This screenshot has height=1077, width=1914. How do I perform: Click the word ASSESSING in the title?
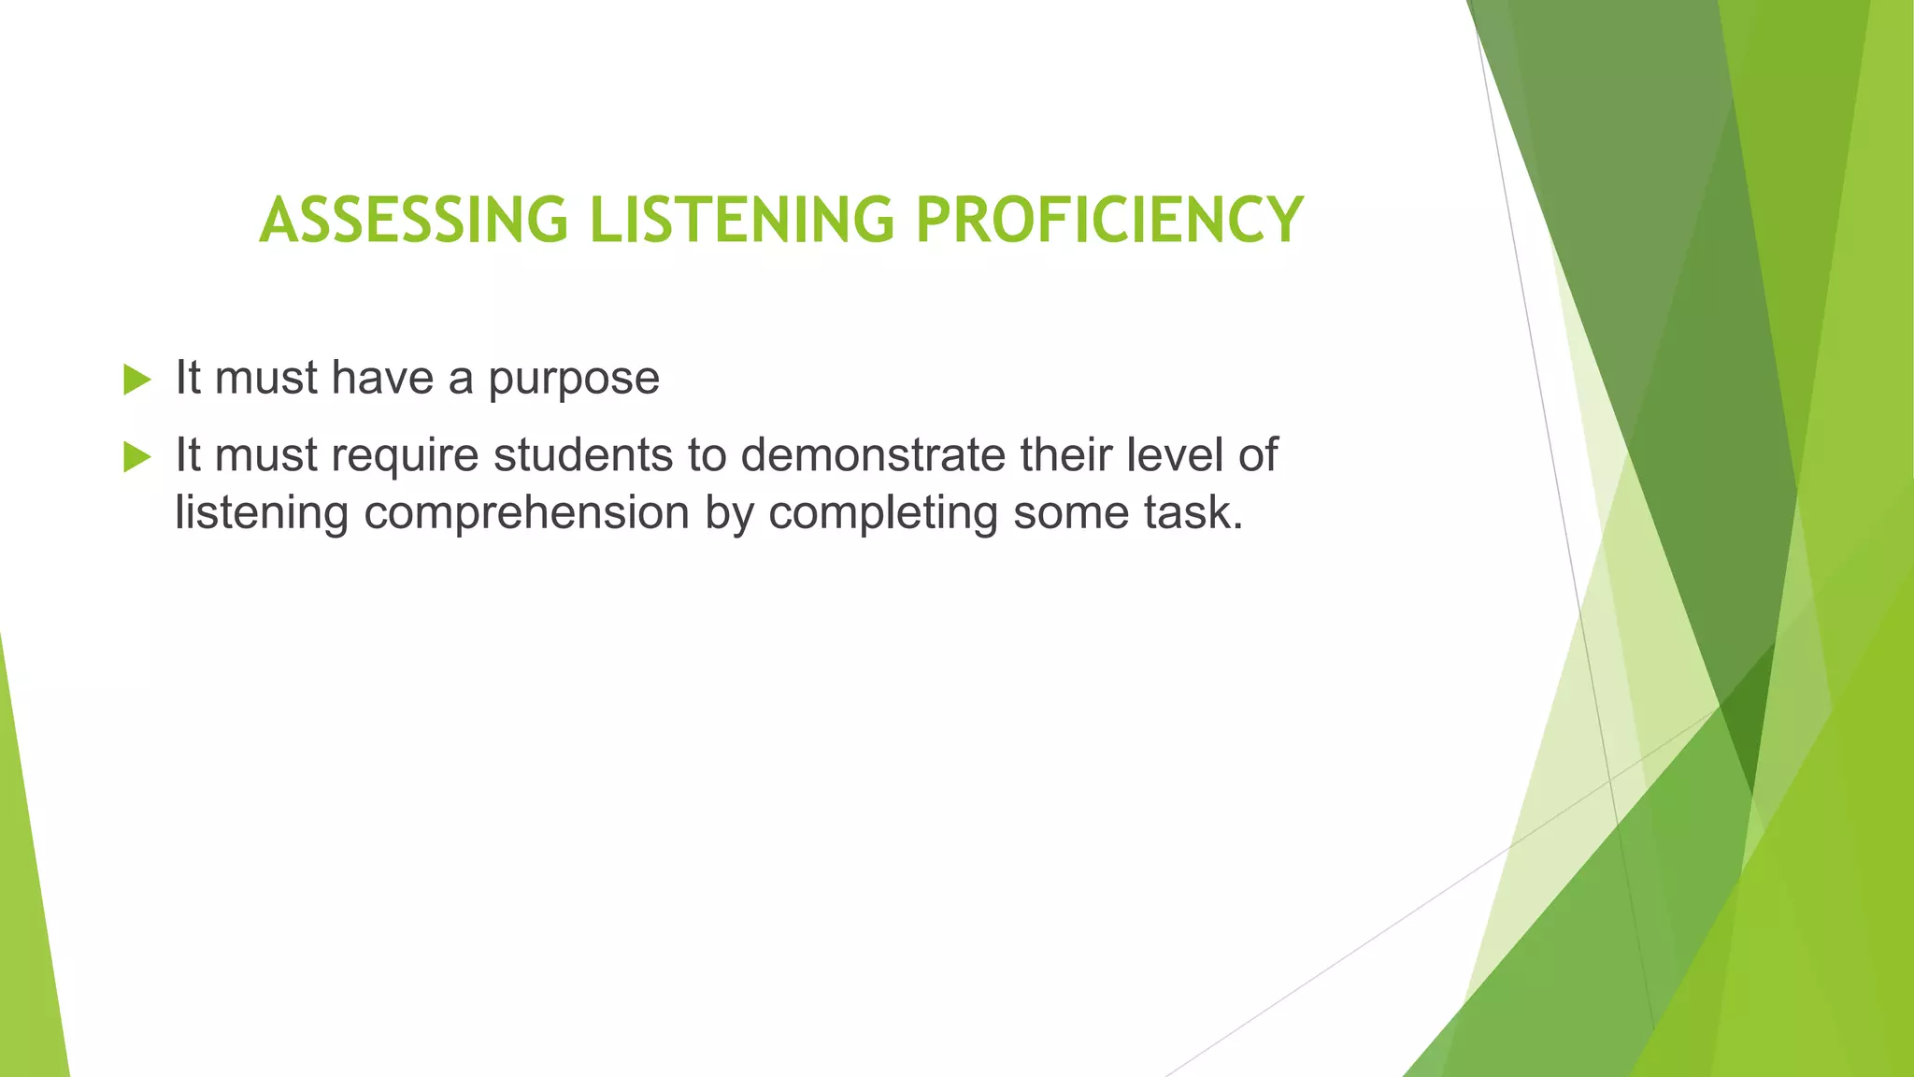(x=413, y=221)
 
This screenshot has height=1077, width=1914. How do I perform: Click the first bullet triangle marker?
(x=136, y=380)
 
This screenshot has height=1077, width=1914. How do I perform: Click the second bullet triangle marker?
(x=136, y=457)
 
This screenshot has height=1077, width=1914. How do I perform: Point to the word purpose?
(x=574, y=380)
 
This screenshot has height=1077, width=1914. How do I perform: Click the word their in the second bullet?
(x=1066, y=455)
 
